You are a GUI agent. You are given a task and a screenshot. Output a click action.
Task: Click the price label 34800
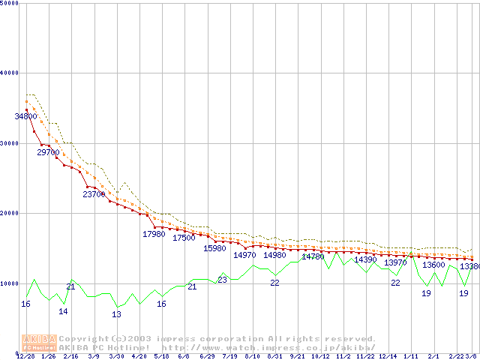[x=25, y=117]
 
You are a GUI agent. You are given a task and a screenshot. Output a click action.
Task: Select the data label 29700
[x=48, y=152]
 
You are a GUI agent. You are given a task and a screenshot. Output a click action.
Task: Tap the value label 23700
[x=94, y=194]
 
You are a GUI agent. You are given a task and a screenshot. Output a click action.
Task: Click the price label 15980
[x=214, y=248]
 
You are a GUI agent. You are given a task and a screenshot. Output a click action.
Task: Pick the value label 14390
[x=365, y=259]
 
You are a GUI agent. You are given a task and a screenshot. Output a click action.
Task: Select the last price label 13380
[x=469, y=266]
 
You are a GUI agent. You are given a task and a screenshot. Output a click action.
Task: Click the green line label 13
[x=116, y=314]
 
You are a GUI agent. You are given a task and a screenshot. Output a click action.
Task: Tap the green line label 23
[x=222, y=280]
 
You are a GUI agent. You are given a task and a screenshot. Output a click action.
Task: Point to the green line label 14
[x=63, y=311]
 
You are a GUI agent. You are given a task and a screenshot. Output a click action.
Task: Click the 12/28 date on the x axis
[x=25, y=356]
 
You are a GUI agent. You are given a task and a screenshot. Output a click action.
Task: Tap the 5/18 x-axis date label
[x=161, y=356]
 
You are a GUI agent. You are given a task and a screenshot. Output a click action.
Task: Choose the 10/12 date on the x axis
[x=320, y=356]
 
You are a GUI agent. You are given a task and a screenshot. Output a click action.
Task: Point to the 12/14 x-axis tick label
[x=388, y=356]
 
